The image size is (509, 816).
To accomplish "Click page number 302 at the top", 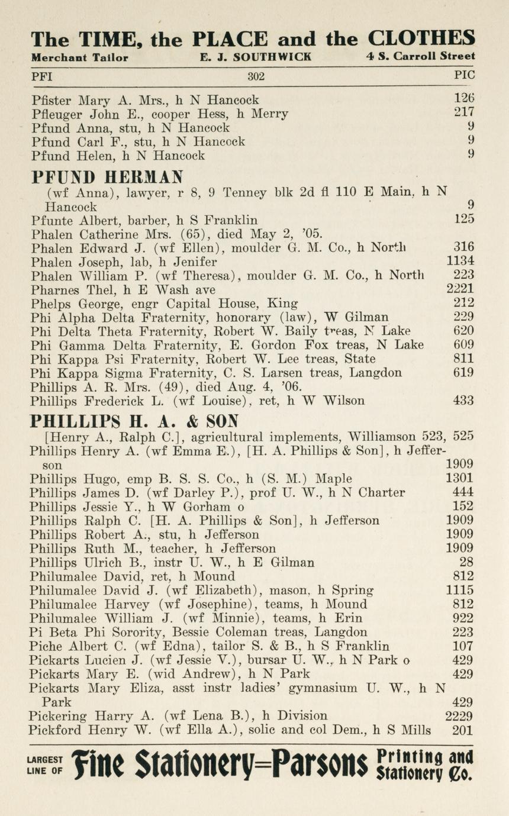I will [x=256, y=76].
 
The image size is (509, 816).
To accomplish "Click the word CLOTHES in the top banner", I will [x=421, y=39].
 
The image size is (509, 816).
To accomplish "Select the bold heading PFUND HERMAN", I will [x=107, y=176].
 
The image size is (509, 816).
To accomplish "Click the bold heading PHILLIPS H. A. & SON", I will [x=134, y=421].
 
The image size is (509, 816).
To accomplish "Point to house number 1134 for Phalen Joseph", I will [x=459, y=261].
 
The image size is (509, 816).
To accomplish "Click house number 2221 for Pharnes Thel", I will [x=459, y=289].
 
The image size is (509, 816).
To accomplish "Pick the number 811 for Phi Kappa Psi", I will [x=463, y=359].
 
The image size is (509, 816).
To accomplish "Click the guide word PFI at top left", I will [x=42, y=76].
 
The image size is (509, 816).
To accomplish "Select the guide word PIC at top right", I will [x=463, y=76].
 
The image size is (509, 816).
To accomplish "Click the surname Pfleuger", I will [x=53, y=114].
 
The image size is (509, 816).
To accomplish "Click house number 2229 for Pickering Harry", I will [x=459, y=716].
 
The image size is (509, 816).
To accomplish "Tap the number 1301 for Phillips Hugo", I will [x=459, y=479].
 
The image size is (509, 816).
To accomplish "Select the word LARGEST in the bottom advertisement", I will [x=44, y=759].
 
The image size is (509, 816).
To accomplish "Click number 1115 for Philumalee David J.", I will [x=459, y=590].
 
